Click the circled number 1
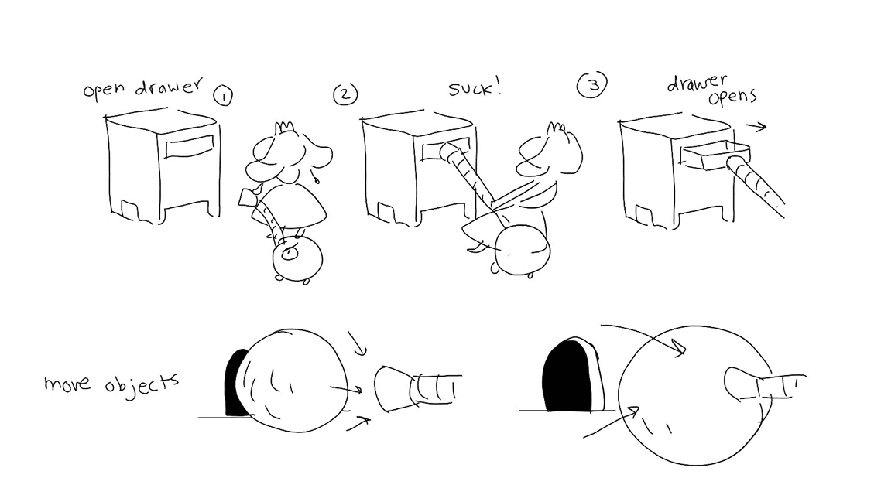pos(223,96)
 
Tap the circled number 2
pos(345,94)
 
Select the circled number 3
pos(592,85)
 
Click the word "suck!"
pos(475,88)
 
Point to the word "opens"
pos(732,97)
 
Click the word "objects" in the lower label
pos(142,385)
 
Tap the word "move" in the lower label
pos(67,384)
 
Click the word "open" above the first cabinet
pos(104,90)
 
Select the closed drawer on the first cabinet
pos(190,146)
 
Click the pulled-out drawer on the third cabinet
pos(715,155)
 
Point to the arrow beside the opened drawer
pos(756,127)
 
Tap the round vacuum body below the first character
pos(297,258)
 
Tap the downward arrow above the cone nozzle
pos(356,343)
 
